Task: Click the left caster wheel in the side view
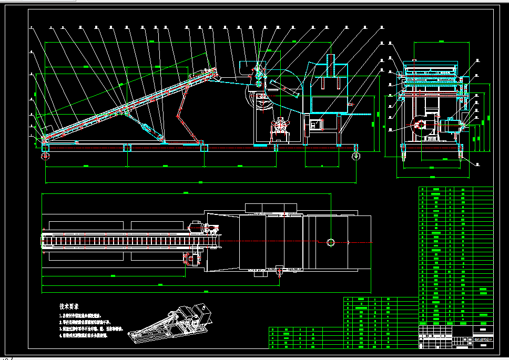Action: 45,156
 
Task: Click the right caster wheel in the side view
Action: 357,156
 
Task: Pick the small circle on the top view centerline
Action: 330,242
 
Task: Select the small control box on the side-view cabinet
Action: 317,125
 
